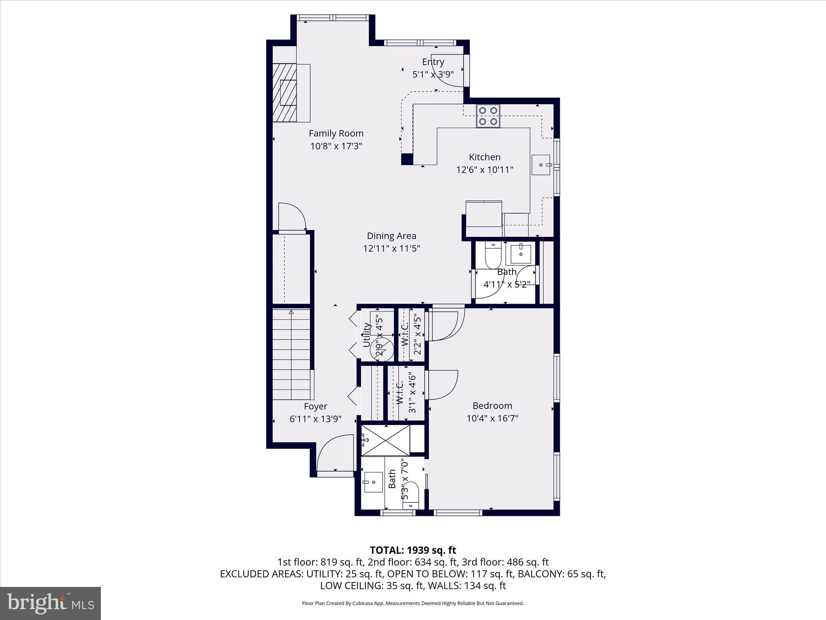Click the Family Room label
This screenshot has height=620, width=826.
336,133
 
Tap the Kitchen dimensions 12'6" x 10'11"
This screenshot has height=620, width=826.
484,170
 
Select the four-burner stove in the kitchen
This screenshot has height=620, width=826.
488,116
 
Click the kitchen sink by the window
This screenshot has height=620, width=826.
540,165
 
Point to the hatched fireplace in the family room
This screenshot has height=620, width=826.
284,93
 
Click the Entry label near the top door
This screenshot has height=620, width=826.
433,62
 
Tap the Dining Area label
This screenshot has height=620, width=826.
391,236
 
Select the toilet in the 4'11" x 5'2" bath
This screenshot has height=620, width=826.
493,255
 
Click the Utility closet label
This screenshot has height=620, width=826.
367,335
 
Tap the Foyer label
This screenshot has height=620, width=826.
315,406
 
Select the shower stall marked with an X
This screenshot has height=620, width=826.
386,440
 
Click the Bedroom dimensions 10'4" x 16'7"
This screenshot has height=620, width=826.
492,418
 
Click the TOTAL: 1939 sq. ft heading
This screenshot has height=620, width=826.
413,550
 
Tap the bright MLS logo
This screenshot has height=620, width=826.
50,603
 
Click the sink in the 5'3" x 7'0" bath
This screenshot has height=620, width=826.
373,482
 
